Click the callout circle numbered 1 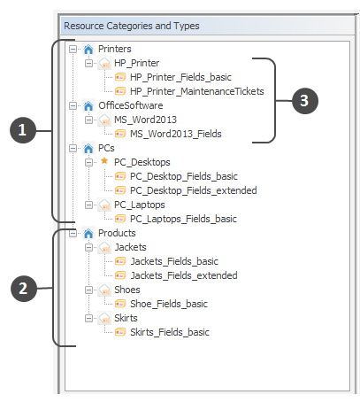pos(23,130)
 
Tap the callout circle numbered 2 pos(24,289)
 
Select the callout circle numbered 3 pos(305,101)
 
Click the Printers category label pos(114,49)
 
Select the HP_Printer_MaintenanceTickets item pos(197,91)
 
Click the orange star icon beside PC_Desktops pos(104,161)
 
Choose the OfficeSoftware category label pos(131,105)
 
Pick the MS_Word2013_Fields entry pos(176,134)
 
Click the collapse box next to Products pos(73,233)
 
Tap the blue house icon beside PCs pos(88,148)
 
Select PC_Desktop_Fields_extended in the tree pos(194,190)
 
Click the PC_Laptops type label pos(140,205)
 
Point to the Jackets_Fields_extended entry pos(184,275)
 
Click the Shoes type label pos(127,290)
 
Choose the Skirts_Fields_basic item pos(170,332)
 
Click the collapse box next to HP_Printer pos(88,63)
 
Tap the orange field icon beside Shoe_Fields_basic pos(120,304)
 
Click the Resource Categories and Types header pos(132,26)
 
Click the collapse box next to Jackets pos(88,247)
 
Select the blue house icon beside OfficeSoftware pos(88,105)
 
